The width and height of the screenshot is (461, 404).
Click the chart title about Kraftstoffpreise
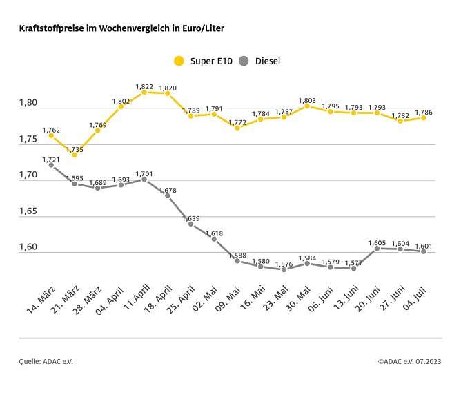click(121, 29)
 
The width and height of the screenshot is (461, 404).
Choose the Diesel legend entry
click(259, 61)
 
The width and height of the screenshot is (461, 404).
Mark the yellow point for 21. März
click(75, 155)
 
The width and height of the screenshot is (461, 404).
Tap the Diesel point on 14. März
click(51, 164)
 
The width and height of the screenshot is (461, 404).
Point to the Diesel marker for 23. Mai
click(284, 269)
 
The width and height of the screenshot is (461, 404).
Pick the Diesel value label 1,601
click(423, 246)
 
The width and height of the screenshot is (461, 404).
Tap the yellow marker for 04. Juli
click(423, 118)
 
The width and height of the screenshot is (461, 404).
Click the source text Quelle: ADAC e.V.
click(46, 360)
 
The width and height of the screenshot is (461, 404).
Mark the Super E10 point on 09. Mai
click(237, 128)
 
